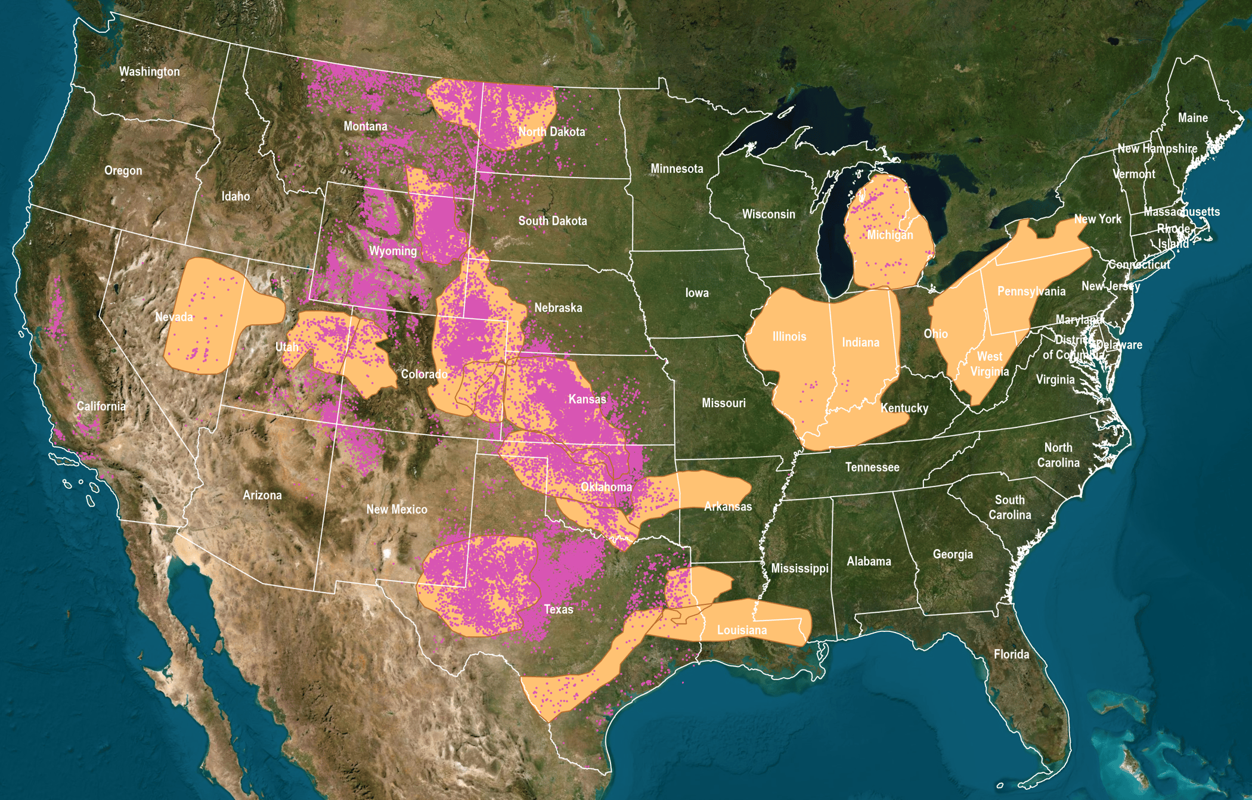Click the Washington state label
pos(149,72)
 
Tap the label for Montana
pos(365,126)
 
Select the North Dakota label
pos(551,132)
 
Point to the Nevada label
pos(174,317)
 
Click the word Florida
pos(1011,655)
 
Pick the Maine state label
pos(1192,118)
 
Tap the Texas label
pos(558,609)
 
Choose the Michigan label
pos(890,235)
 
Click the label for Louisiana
pos(742,630)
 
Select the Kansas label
pos(587,399)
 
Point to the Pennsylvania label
pos(1031,292)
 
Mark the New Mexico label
pos(396,510)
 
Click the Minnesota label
pos(677,169)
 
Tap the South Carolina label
pos(1009,507)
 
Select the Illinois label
pos(789,337)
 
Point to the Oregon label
pos(123,170)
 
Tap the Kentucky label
pos(904,408)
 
